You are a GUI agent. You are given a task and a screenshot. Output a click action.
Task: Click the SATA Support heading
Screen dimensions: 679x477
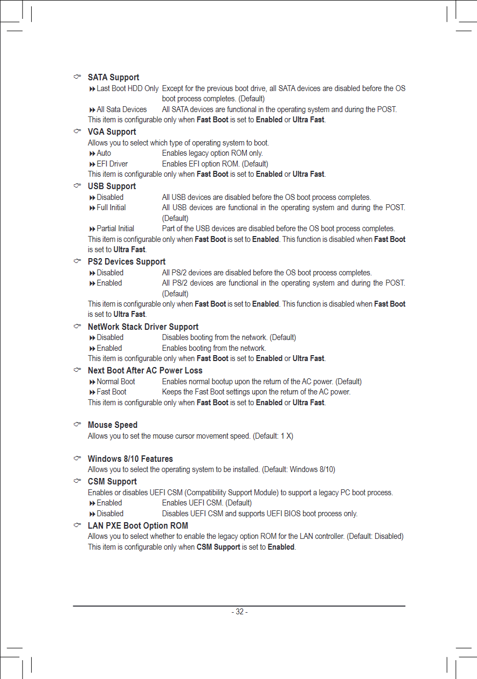tap(113, 78)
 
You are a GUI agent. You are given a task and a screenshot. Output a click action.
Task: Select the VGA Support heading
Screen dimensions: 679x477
tap(112, 132)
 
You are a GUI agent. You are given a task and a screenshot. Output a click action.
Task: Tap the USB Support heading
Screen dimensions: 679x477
tap(112, 186)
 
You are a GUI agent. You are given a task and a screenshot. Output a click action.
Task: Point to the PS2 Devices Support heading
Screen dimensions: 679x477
tap(127, 262)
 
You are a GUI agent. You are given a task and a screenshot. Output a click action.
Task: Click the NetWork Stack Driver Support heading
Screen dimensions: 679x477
tap(143, 327)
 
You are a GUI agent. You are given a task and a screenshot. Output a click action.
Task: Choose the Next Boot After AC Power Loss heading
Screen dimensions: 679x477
tap(145, 371)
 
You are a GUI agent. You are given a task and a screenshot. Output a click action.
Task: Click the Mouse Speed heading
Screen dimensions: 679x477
tap(113, 425)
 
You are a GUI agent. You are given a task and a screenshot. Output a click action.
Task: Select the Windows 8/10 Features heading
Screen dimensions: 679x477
tap(130, 459)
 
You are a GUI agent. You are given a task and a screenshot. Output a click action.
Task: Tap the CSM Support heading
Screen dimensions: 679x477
tap(112, 482)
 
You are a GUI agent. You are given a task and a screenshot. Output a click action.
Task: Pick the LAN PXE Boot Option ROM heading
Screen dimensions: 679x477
tap(138, 526)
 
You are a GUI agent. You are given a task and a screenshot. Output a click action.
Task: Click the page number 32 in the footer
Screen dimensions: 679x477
tap(239, 612)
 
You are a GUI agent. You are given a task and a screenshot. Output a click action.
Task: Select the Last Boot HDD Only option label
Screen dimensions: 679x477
tap(127, 88)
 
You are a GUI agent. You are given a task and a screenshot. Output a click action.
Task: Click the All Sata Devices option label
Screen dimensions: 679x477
tap(121, 109)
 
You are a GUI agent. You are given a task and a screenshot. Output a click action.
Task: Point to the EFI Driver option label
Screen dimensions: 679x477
tap(112, 164)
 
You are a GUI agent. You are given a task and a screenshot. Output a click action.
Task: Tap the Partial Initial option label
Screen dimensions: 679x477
tap(115, 228)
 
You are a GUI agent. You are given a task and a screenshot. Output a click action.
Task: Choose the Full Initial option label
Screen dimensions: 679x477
tap(111, 207)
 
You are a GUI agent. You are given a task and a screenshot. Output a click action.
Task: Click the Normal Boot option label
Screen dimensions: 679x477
tap(116, 382)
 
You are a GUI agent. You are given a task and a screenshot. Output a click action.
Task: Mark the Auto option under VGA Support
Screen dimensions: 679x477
tap(104, 153)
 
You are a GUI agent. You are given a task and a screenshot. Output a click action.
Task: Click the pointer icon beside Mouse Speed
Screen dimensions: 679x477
tap(78, 425)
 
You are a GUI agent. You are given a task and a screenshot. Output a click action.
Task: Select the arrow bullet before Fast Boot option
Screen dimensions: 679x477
tap(92, 392)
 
